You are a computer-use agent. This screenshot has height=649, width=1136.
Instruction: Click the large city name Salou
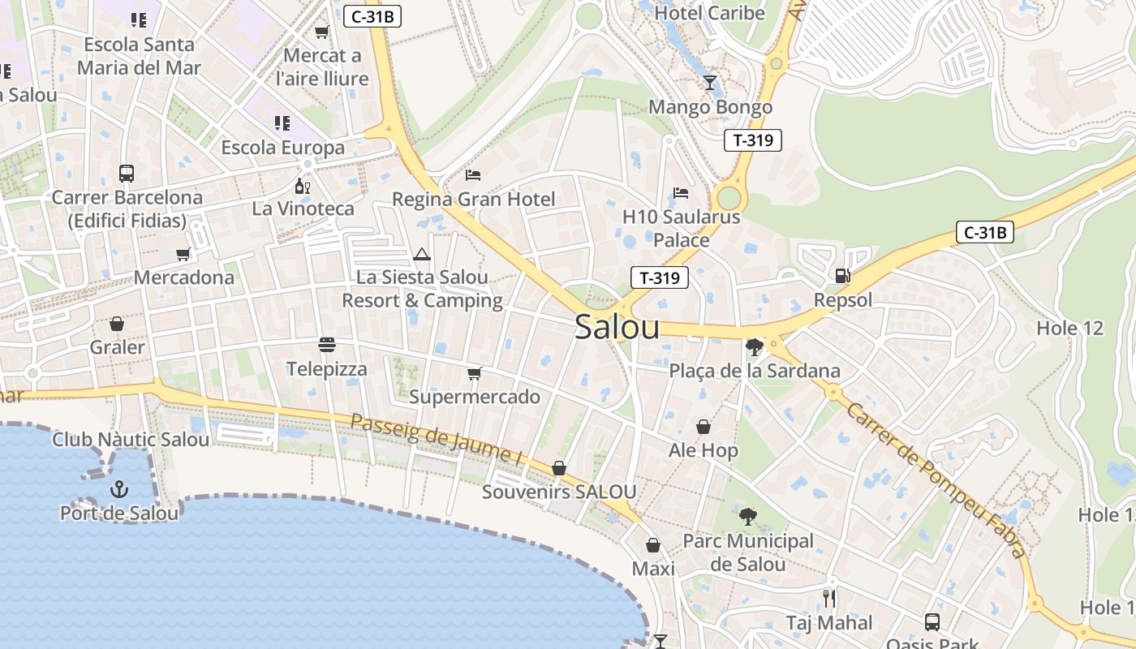617,327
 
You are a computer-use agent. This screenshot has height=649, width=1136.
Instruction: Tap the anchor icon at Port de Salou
119,489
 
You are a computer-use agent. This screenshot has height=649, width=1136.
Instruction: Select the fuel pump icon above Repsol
843,276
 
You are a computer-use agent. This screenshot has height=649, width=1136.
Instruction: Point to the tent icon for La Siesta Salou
422,255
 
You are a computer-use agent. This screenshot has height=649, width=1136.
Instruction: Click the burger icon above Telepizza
327,345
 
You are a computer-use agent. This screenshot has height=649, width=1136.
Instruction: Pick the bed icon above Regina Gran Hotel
473,175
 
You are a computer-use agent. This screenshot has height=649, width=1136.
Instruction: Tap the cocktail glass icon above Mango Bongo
710,82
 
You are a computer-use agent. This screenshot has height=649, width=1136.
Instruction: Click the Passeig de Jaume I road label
437,439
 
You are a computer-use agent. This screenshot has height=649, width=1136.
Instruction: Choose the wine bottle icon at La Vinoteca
303,186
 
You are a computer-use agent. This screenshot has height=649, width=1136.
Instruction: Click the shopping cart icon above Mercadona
183,254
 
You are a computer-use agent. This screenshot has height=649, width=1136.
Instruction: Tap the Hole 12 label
1070,329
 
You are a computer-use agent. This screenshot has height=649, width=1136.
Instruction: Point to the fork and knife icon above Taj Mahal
829,599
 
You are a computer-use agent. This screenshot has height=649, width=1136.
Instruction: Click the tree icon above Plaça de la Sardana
755,347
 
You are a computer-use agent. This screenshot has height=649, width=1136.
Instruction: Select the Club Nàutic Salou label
131,440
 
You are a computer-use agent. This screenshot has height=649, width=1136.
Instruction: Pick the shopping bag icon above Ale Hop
704,427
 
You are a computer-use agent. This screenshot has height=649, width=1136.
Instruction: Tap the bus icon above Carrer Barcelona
127,173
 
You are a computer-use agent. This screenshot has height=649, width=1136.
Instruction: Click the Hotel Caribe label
709,13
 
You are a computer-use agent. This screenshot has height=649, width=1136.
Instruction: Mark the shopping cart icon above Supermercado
475,373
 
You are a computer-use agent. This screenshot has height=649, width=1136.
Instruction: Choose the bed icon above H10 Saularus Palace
682,193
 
